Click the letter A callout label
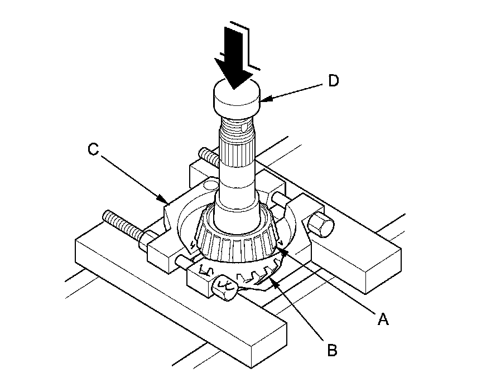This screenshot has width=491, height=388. click(383, 318)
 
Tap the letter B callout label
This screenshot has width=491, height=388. click(331, 351)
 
